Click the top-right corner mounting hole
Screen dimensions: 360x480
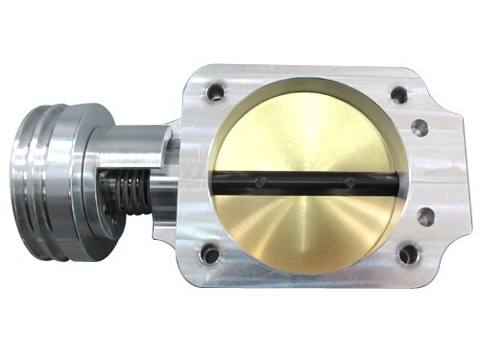click(x=396, y=94)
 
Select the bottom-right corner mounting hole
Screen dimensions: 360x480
click(x=408, y=254)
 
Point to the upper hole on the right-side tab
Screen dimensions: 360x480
click(x=420, y=126)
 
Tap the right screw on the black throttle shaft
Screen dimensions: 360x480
click(x=350, y=181)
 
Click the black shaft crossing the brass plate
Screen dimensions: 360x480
click(x=307, y=181)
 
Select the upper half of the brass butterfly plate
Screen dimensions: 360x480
click(x=305, y=130)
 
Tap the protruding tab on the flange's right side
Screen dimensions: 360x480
click(x=432, y=173)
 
